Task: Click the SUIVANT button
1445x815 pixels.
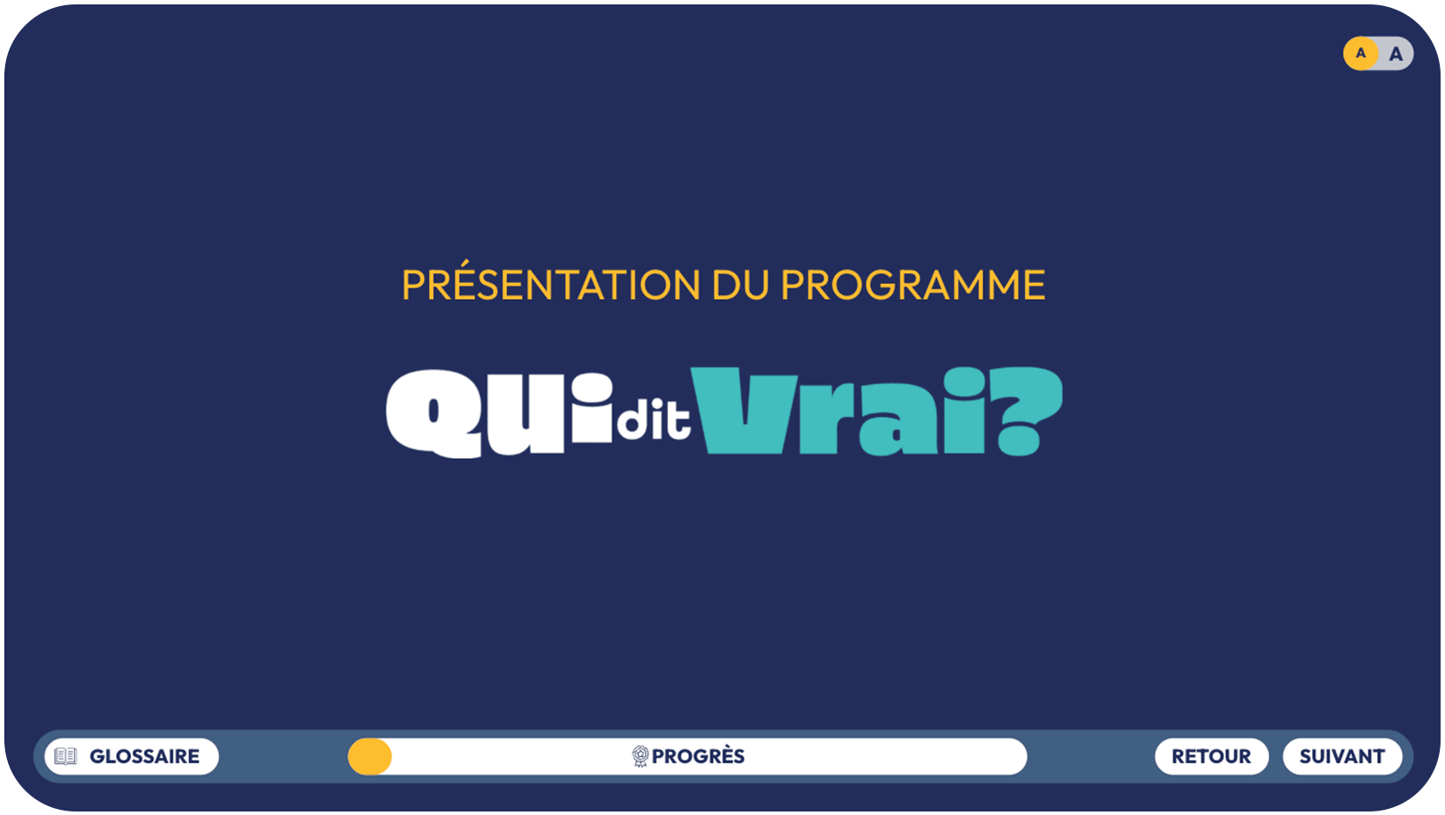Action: [x=1342, y=756]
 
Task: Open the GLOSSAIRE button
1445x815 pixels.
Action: [x=132, y=756]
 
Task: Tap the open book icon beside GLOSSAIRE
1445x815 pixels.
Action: [x=66, y=756]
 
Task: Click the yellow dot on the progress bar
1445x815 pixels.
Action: [x=370, y=756]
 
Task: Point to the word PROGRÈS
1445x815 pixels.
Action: [x=698, y=756]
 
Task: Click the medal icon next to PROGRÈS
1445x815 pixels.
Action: [x=640, y=756]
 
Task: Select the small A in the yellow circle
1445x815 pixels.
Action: [x=1361, y=53]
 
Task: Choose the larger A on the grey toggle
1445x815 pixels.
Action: [x=1396, y=55]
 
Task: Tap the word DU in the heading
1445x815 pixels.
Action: [x=741, y=285]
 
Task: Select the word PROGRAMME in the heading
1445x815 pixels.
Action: [x=913, y=285]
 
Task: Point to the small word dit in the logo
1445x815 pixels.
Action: [x=653, y=420]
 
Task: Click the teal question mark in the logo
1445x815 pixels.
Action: [x=1027, y=411]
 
